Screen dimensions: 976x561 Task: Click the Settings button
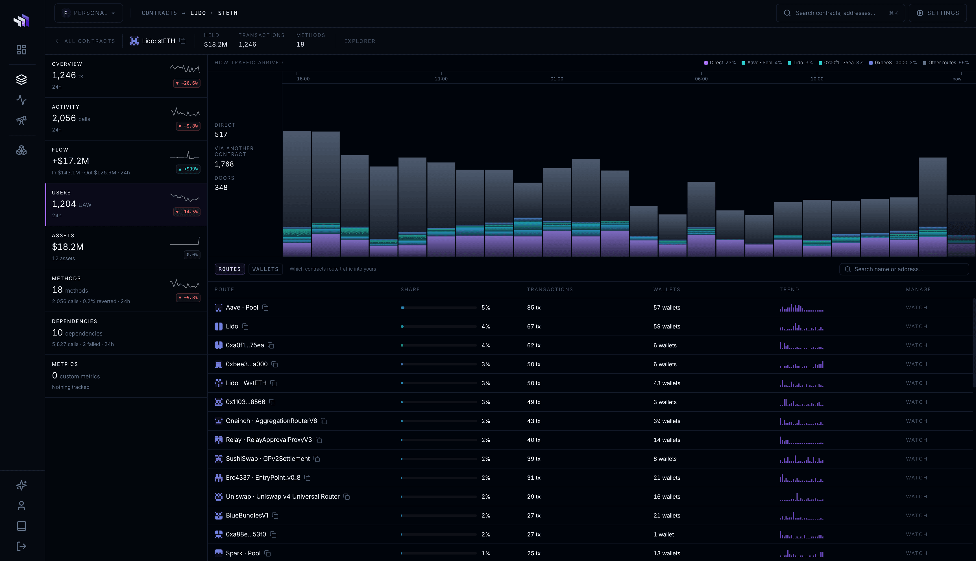coord(938,13)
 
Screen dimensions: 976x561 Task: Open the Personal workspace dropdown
coord(89,13)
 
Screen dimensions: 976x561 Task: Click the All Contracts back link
coord(85,41)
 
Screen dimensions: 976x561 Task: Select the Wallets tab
coord(265,269)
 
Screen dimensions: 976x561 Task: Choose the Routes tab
coord(230,269)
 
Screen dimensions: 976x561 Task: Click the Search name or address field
coord(904,269)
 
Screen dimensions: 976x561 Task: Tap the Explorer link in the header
coord(360,41)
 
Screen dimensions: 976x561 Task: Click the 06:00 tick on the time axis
coord(701,79)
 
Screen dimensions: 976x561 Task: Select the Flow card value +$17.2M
coord(71,161)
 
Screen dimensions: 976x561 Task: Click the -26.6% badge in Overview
coord(187,83)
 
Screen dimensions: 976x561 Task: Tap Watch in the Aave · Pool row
coord(916,308)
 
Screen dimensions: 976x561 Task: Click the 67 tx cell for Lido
coord(533,326)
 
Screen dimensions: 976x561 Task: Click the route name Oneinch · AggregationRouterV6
coord(271,421)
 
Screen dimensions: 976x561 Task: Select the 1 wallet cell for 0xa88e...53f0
coord(663,534)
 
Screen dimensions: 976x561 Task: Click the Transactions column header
coord(550,289)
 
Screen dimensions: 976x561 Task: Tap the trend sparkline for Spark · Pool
coord(801,553)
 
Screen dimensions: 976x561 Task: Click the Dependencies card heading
coord(74,321)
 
